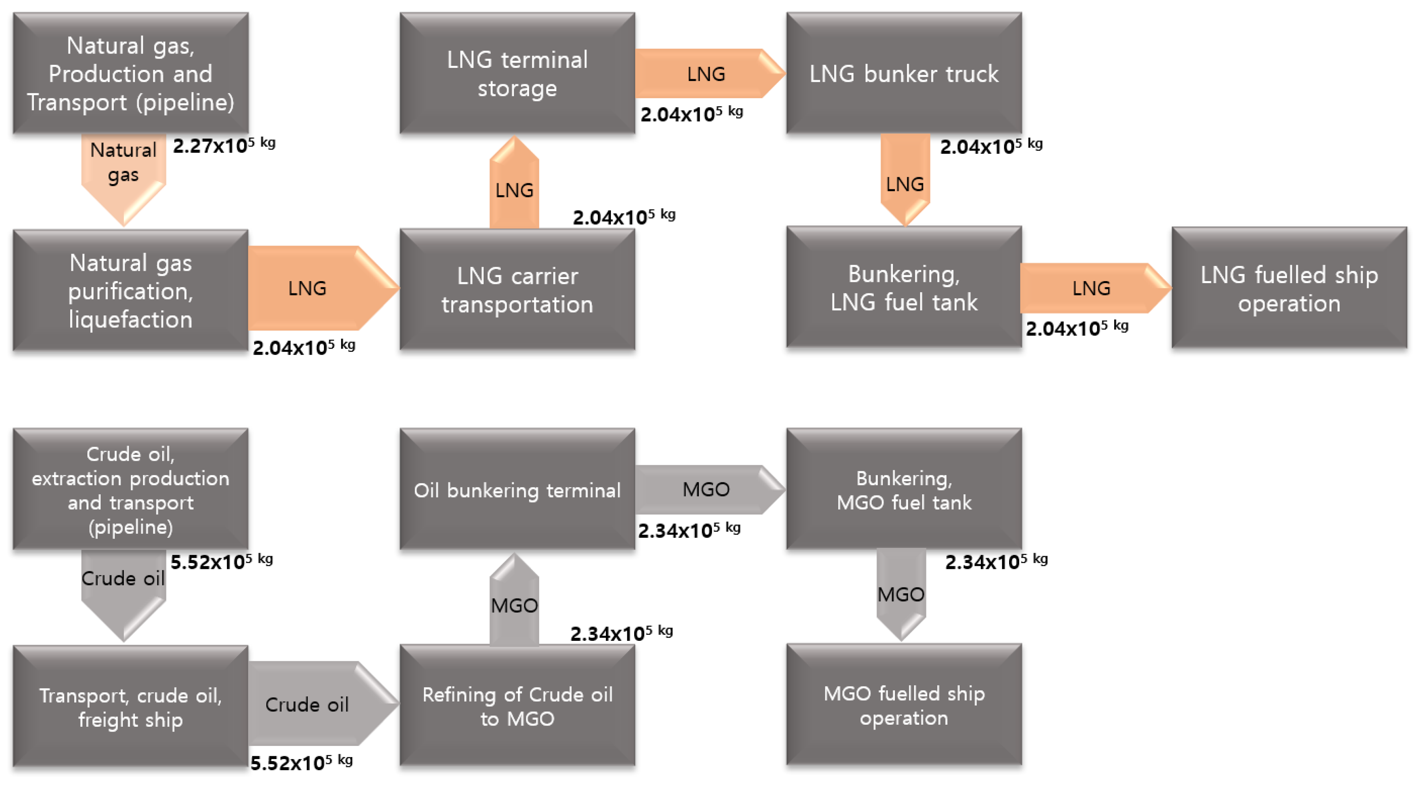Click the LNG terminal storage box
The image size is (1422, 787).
coord(517,73)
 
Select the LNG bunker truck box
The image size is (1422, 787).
coord(904,73)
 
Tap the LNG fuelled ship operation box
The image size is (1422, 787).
coord(1289,288)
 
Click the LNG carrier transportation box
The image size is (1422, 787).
coord(517,290)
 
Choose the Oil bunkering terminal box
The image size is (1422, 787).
coord(517,490)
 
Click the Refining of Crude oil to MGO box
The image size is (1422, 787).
coord(517,706)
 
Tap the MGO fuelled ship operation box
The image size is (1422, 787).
coord(904,705)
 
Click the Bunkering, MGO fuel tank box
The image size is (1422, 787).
coord(904,490)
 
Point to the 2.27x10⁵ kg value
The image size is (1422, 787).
coord(224,146)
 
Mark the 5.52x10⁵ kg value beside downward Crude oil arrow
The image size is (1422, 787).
coord(221,562)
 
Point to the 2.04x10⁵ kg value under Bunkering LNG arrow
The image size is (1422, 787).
coord(1077,328)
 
